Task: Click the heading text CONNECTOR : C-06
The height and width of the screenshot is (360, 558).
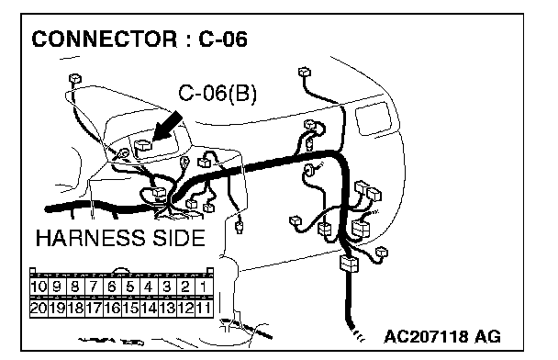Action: point(139,39)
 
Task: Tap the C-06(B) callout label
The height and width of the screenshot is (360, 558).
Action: point(218,94)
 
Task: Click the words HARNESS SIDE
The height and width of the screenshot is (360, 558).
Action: point(120,238)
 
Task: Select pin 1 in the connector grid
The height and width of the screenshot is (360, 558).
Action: point(204,287)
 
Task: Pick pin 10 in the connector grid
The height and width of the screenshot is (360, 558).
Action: point(39,287)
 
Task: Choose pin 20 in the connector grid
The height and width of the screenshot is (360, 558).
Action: point(39,308)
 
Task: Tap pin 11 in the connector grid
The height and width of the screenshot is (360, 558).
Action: point(204,308)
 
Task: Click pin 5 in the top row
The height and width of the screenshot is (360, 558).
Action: point(130,287)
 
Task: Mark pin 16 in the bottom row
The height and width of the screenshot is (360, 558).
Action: point(112,308)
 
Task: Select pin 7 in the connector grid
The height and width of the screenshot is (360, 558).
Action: point(94,287)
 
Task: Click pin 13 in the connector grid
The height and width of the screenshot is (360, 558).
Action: point(167,308)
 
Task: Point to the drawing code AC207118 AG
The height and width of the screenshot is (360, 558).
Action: point(442,336)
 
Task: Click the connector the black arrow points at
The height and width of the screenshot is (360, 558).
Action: point(143,145)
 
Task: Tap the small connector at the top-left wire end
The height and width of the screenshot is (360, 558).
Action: point(74,78)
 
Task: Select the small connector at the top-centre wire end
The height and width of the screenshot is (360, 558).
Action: point(305,72)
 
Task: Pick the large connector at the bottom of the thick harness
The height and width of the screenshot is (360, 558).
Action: point(349,264)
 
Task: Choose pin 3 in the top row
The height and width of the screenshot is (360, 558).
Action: point(167,287)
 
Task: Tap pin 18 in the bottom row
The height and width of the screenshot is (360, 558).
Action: point(75,308)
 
